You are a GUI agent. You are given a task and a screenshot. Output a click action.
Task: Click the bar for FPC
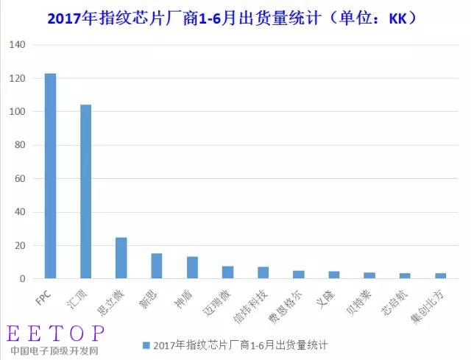pyautogui.click(x=50, y=176)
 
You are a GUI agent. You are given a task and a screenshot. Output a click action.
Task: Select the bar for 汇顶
pyautogui.click(x=86, y=191)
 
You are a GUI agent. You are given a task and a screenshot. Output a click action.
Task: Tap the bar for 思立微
pyautogui.click(x=121, y=258)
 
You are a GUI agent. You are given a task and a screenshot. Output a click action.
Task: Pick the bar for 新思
pyautogui.click(x=157, y=266)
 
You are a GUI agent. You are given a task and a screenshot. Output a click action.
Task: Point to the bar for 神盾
pyautogui.click(x=192, y=267)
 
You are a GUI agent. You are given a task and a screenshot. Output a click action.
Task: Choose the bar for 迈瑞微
pyautogui.click(x=228, y=272)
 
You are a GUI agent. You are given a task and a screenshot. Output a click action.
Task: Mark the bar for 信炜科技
pyautogui.click(x=263, y=272)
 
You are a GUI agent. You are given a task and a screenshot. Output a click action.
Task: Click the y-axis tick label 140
pyautogui.click(x=16, y=45)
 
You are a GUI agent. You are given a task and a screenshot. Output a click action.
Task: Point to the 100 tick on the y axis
pyautogui.click(x=16, y=112)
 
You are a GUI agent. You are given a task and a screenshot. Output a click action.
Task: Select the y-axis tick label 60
pyautogui.click(x=19, y=179)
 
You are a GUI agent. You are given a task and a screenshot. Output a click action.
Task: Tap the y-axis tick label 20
pyautogui.click(x=19, y=246)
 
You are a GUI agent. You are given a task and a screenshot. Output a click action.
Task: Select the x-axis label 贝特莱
pyautogui.click(x=362, y=300)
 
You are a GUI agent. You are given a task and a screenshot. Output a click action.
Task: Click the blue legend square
pyautogui.click(x=146, y=345)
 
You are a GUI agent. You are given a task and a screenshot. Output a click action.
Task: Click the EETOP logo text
pyautogui.click(x=56, y=333)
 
